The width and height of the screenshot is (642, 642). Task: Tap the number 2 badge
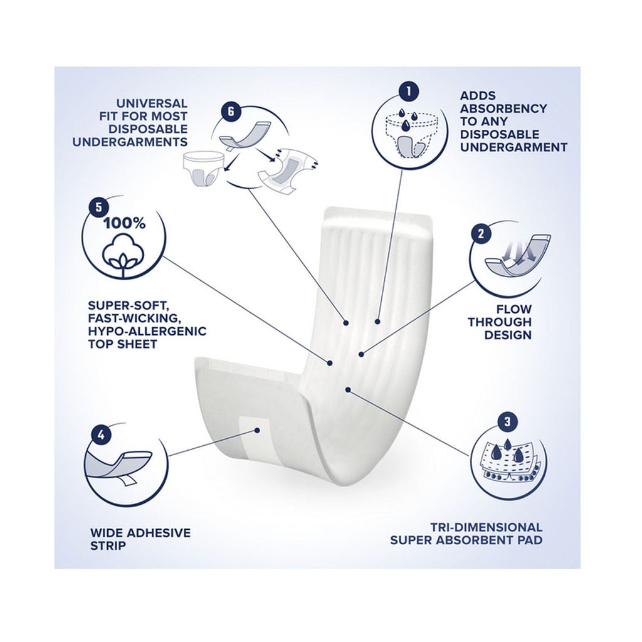coord(481,233)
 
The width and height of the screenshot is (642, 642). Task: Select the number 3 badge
coord(508,422)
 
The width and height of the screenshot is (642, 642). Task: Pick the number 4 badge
coord(101,435)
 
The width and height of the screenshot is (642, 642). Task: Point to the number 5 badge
coord(98,208)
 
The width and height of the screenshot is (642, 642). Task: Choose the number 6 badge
coord(231,112)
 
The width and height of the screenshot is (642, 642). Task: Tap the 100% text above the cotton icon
coord(125,224)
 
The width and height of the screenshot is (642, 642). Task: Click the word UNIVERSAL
coord(152,103)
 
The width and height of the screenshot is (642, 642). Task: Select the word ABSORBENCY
coord(503,108)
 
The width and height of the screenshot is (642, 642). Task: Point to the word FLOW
coord(514,309)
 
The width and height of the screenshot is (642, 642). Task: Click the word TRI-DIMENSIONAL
coord(486,527)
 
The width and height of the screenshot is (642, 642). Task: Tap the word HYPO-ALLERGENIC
coord(147,331)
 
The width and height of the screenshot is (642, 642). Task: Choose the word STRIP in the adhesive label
coord(108,545)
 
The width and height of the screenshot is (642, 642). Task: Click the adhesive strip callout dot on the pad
coord(257,430)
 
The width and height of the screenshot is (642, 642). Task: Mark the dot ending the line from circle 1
coord(377,322)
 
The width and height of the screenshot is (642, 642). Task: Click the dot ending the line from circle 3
coord(347,389)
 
